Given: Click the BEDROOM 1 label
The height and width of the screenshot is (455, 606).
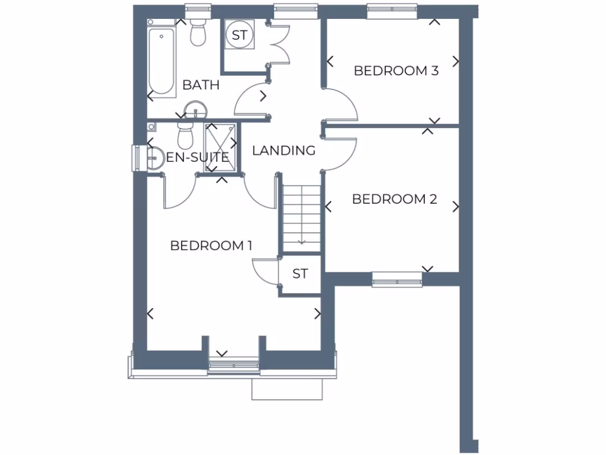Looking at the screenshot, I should point(211,245).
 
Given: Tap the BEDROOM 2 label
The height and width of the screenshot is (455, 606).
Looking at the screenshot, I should point(394,199).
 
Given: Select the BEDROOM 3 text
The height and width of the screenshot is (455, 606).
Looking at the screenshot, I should point(396,71).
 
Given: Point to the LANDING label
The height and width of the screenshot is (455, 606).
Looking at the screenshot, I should point(283,150).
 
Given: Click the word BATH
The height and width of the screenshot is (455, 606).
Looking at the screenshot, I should point(201,85).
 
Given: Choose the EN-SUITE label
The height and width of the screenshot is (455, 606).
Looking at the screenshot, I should point(197,158).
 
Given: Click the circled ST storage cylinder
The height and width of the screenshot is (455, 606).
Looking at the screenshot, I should point(239,35).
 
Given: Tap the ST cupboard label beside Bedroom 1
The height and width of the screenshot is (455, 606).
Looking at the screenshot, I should point(300,274).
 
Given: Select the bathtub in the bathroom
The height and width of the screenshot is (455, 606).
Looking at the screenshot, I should point(162,59).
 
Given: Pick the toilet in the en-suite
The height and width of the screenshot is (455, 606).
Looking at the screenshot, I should point(186,136).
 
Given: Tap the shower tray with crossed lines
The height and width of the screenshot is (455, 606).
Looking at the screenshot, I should point(221,148).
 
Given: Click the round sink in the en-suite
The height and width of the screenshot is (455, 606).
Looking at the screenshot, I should point(155,158).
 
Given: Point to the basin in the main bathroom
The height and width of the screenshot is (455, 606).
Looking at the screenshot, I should point(195,110).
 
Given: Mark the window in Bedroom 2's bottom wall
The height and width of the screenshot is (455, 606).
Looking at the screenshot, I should point(397,279).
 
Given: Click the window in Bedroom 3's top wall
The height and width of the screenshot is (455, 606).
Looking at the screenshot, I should point(392,10).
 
